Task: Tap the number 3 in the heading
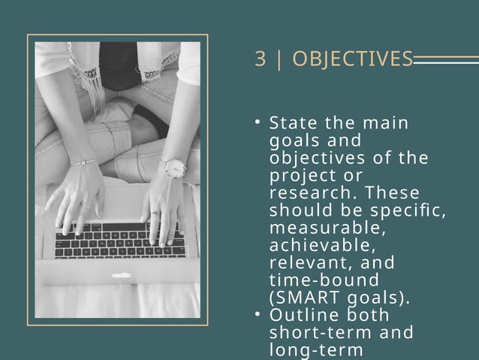coord(260,59)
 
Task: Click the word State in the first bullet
coord(294,123)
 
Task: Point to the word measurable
coord(312,227)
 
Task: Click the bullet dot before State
coord(257,123)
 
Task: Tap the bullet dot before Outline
coord(257,315)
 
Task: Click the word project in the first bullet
coord(300,175)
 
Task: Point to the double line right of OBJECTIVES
coord(446,59)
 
